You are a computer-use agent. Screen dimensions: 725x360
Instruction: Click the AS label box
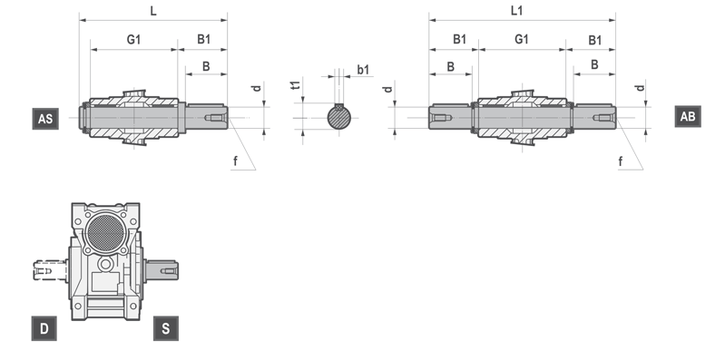click(45, 119)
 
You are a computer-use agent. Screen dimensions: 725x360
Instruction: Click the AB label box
click(688, 116)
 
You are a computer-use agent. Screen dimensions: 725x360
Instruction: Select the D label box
click(44, 328)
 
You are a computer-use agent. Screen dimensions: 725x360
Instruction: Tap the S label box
click(166, 328)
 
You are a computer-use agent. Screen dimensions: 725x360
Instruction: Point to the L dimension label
click(153, 11)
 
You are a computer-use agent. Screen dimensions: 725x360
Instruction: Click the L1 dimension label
click(517, 11)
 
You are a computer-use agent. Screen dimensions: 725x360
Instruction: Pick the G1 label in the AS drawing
click(133, 40)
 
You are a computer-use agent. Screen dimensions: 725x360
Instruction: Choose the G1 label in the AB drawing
click(522, 39)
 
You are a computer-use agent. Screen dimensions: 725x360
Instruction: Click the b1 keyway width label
click(364, 70)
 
